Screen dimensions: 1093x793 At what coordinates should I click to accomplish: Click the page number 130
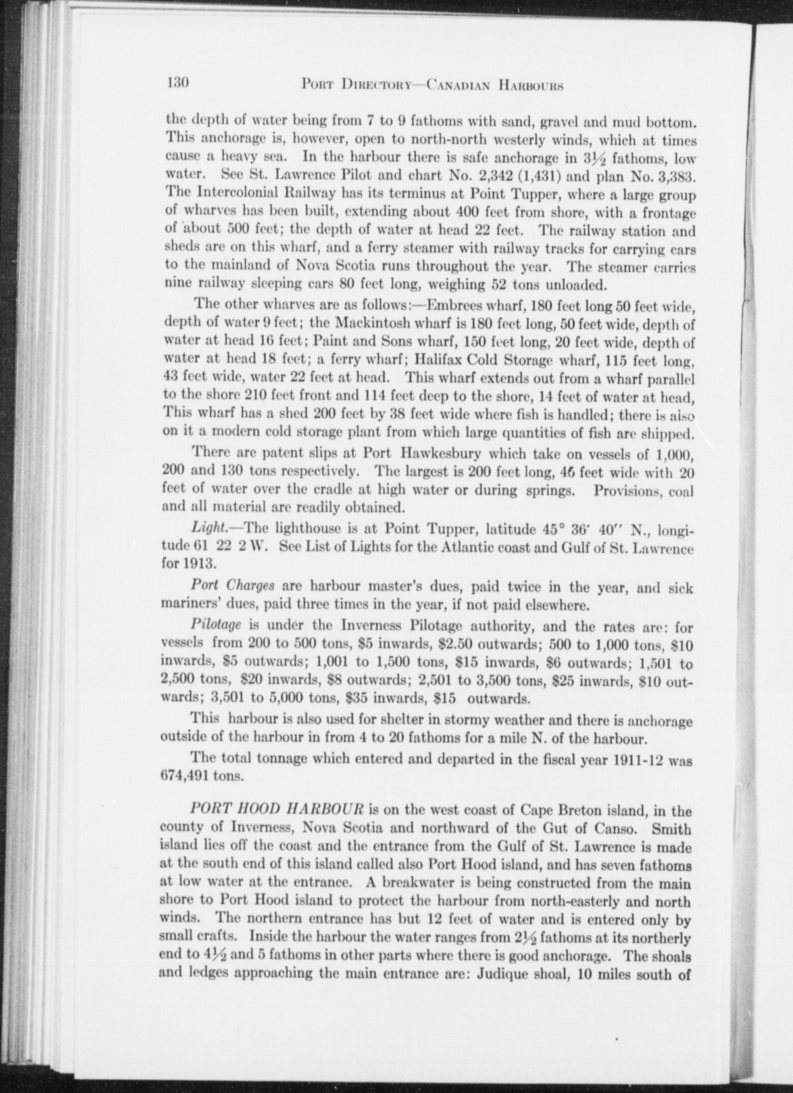pyautogui.click(x=178, y=83)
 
